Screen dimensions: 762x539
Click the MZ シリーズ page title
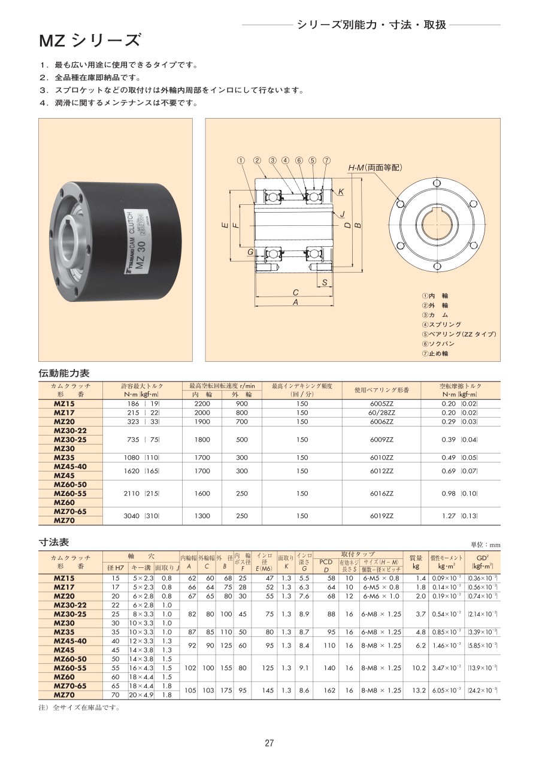tap(90, 41)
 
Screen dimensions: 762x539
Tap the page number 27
tap(269, 743)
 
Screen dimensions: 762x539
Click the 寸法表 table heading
tap(54, 542)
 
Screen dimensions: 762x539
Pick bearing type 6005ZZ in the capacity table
tap(381, 404)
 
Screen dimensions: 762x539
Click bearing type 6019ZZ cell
tap(381, 516)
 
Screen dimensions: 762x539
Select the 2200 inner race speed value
tap(202, 404)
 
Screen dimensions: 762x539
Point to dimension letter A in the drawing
tap(296, 303)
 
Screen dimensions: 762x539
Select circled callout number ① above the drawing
tap(241, 161)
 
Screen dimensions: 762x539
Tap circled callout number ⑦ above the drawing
tap(326, 161)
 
